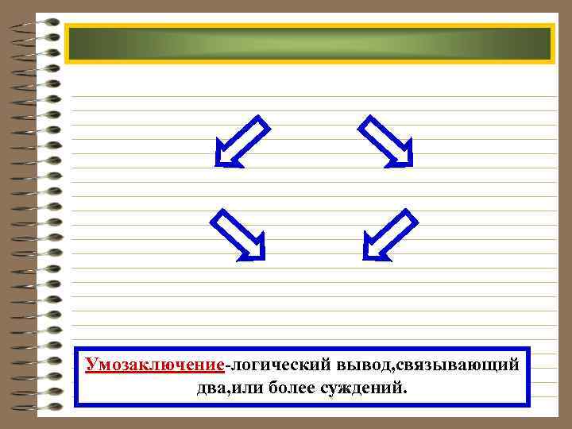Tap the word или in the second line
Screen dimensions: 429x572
click(251, 388)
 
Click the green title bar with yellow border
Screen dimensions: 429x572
click(309, 44)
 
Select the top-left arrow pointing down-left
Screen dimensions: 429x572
click(242, 141)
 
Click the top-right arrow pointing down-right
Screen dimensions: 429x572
click(386, 141)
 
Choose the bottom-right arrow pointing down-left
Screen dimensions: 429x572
click(390, 234)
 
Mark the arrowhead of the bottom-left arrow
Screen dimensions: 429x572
click(255, 251)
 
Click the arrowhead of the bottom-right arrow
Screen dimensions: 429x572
click(373, 251)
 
